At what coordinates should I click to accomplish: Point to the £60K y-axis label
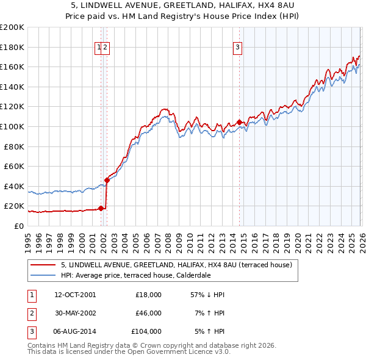click(14, 166)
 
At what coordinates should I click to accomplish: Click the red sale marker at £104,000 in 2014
click(239, 122)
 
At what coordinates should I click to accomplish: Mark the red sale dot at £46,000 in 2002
click(107, 180)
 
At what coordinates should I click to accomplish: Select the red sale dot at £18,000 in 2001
click(101, 208)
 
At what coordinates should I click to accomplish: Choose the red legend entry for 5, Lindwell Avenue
click(177, 265)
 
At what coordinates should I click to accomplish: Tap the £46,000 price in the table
click(148, 313)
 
